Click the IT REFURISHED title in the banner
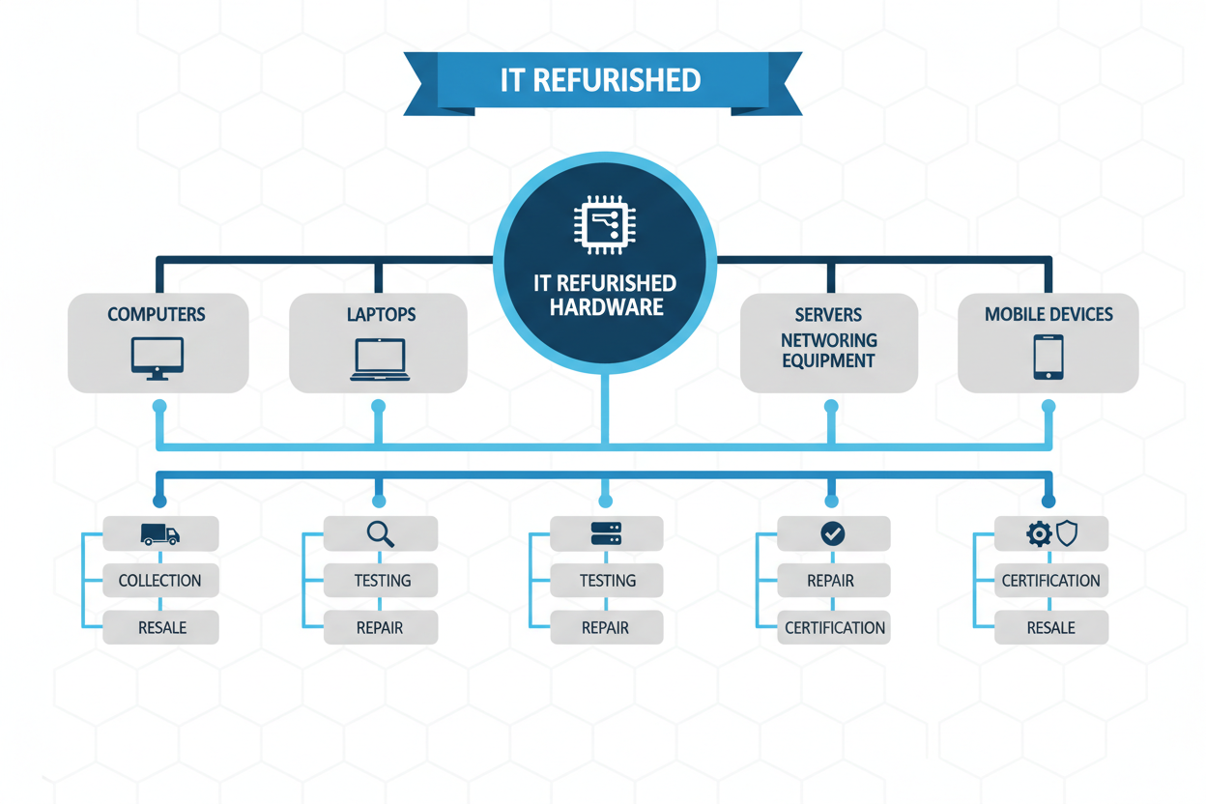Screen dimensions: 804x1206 point(600,80)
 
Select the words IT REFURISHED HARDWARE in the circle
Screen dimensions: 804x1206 point(605,296)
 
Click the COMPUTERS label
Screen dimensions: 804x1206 point(157,315)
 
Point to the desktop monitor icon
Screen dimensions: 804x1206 point(158,359)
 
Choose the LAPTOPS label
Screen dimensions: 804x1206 point(381,315)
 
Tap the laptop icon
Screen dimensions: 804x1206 point(380,359)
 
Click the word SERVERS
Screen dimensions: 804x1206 point(828,315)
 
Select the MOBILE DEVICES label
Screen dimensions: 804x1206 point(1048,315)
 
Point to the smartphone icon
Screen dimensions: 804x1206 point(1048,358)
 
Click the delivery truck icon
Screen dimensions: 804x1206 point(159,534)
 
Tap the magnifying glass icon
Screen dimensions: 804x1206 point(380,533)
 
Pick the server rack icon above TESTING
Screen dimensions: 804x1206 point(606,533)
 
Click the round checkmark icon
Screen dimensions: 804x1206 point(832,533)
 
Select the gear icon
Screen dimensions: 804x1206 point(1039,533)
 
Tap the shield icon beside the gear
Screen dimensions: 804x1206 point(1067,532)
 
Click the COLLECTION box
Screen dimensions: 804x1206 point(160,581)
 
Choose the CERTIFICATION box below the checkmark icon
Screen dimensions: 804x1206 point(835,628)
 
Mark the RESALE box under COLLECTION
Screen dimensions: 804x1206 point(161,628)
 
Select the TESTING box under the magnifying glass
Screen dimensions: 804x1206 point(382,581)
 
